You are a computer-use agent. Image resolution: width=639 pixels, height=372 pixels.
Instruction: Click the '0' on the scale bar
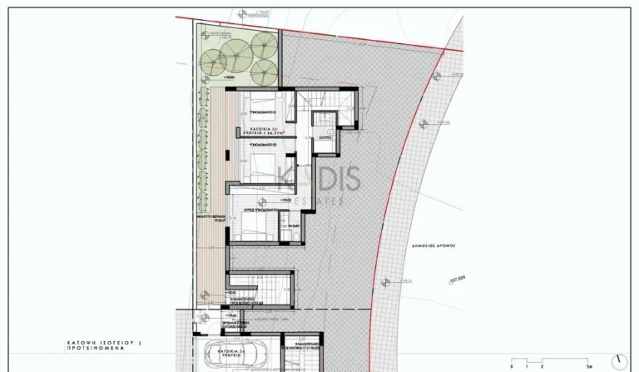pos(513,366)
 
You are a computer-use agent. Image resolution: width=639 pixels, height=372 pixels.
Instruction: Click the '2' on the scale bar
pos(542,366)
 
